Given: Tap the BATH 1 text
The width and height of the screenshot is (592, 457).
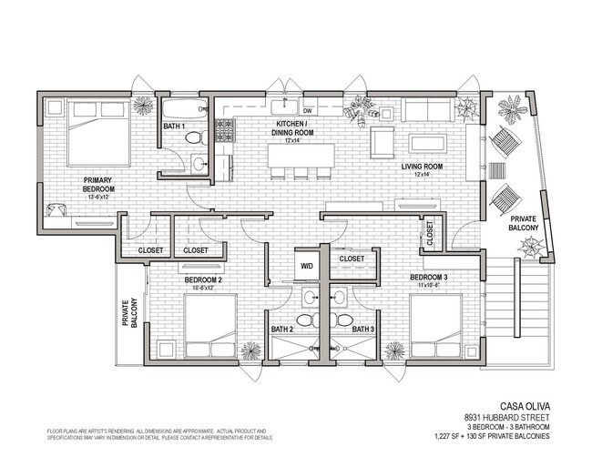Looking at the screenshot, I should pyautogui.click(x=174, y=126).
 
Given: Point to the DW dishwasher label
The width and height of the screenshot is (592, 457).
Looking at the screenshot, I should pyautogui.click(x=308, y=111).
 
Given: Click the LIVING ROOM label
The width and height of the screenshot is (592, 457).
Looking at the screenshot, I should pyautogui.click(x=422, y=167).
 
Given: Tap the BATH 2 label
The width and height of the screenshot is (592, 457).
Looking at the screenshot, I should pyautogui.click(x=281, y=329).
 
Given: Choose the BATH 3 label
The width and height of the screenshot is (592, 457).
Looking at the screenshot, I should pyautogui.click(x=363, y=329).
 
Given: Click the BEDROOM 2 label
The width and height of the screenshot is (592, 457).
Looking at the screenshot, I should pyautogui.click(x=204, y=279).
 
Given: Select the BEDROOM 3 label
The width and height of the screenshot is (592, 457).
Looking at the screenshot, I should pyautogui.click(x=428, y=277).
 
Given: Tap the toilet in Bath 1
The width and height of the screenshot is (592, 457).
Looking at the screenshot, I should pyautogui.click(x=192, y=137).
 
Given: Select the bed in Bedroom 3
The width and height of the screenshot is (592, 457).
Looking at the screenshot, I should pyautogui.click(x=433, y=328).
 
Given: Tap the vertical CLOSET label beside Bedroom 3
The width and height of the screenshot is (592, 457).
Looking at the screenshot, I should pyautogui.click(x=430, y=235).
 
